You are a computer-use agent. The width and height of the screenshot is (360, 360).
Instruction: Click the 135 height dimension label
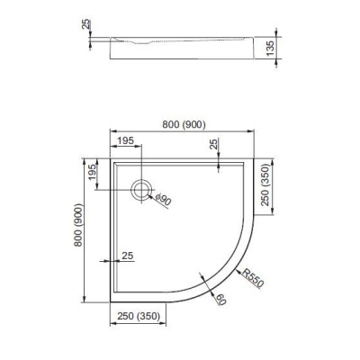click(270, 48)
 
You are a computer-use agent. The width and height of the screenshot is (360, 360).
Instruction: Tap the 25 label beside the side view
click(85, 24)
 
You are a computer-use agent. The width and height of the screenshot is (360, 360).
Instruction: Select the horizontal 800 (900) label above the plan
click(184, 124)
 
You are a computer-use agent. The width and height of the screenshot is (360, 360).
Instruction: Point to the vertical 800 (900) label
click(78, 225)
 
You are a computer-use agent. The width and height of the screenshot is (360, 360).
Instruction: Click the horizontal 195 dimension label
click(125, 140)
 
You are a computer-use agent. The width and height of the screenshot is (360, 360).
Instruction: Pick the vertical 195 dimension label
click(93, 172)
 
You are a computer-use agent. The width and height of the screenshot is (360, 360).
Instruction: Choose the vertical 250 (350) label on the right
click(265, 184)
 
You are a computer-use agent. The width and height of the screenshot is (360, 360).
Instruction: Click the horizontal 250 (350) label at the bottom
click(139, 316)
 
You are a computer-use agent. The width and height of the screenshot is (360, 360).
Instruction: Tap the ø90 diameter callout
click(164, 200)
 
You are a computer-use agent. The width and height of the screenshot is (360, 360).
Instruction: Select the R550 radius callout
click(253, 278)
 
